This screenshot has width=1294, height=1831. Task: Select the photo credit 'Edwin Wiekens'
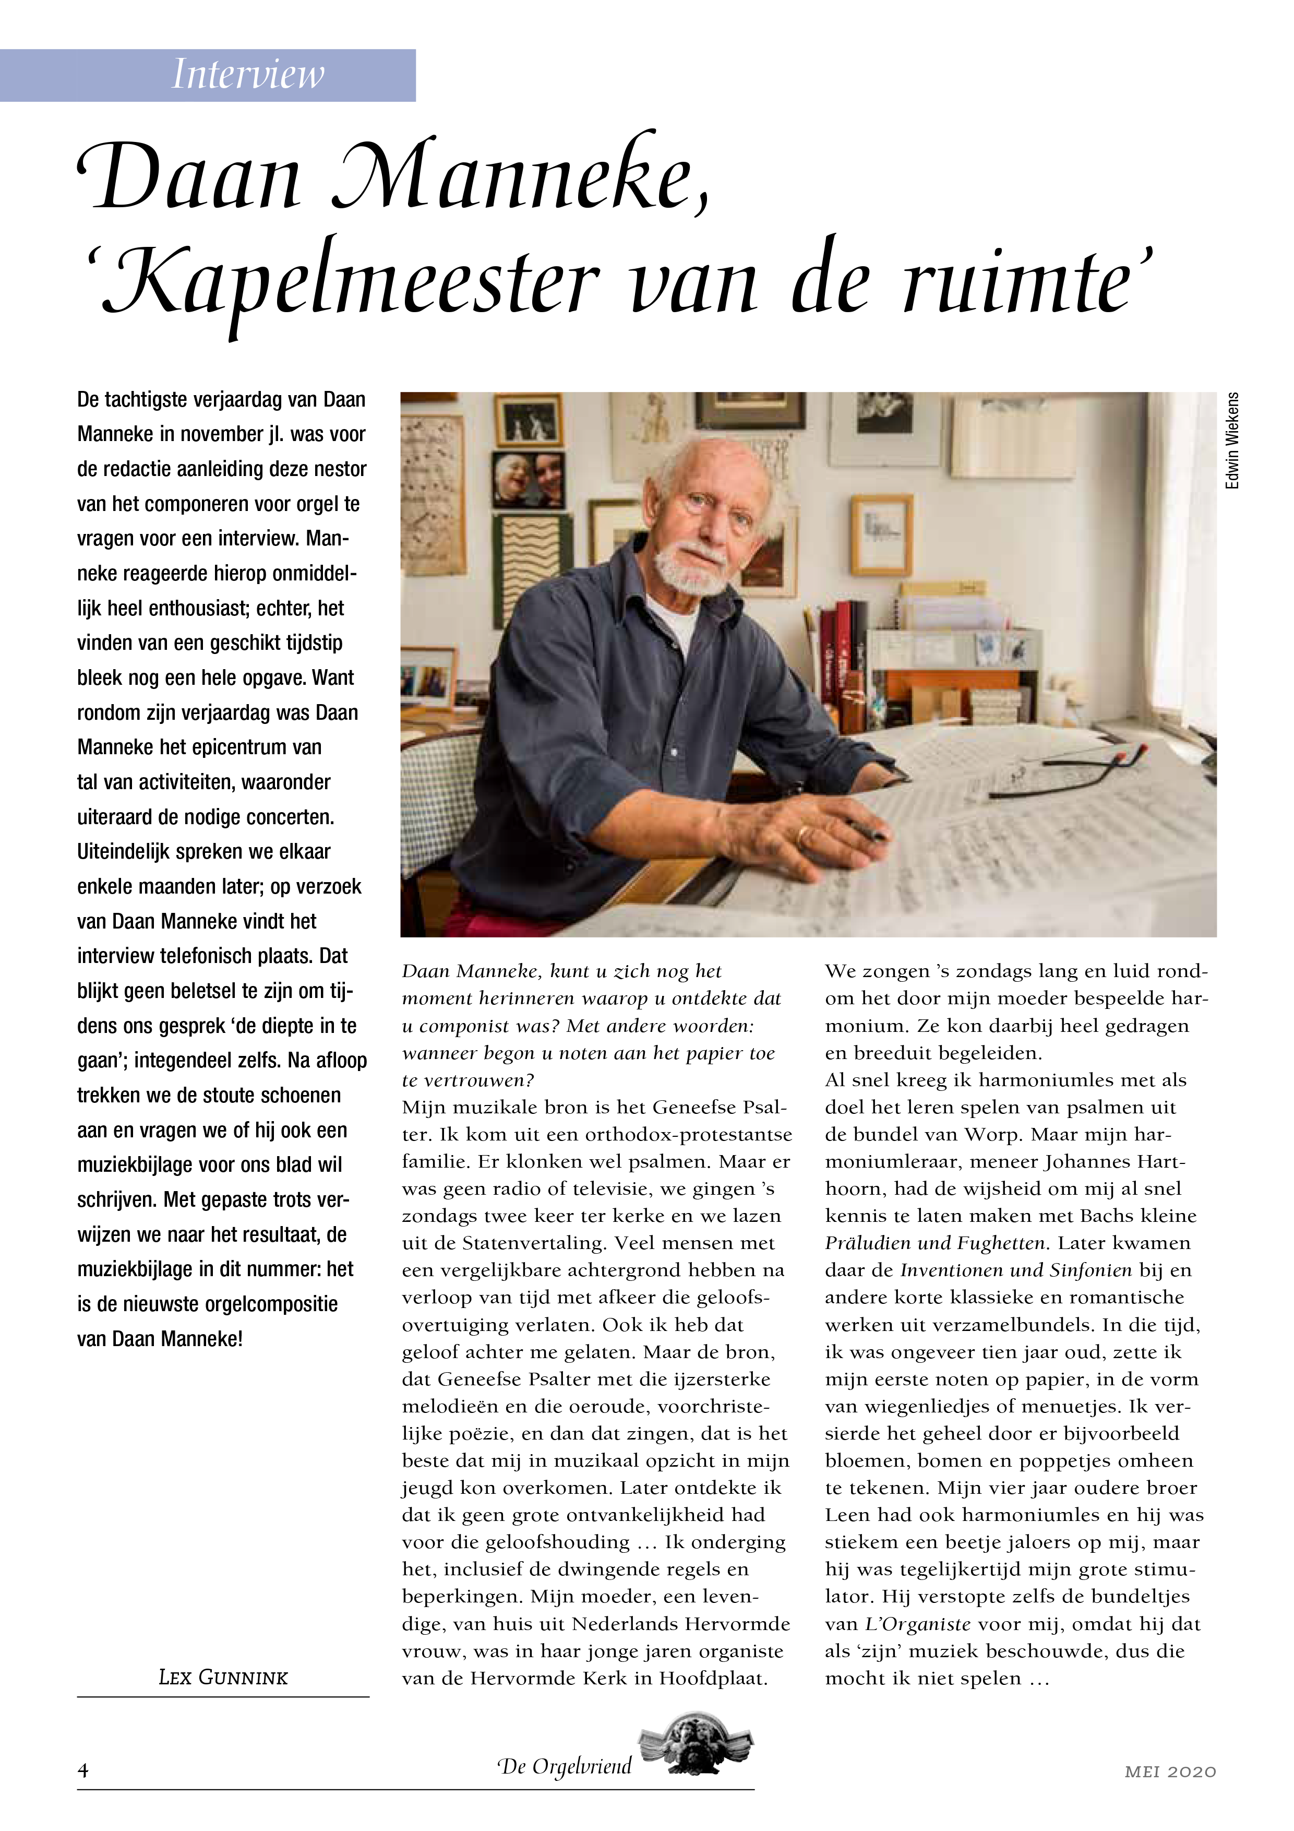[x=1232, y=440]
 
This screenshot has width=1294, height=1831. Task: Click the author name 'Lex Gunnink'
[x=223, y=1677]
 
